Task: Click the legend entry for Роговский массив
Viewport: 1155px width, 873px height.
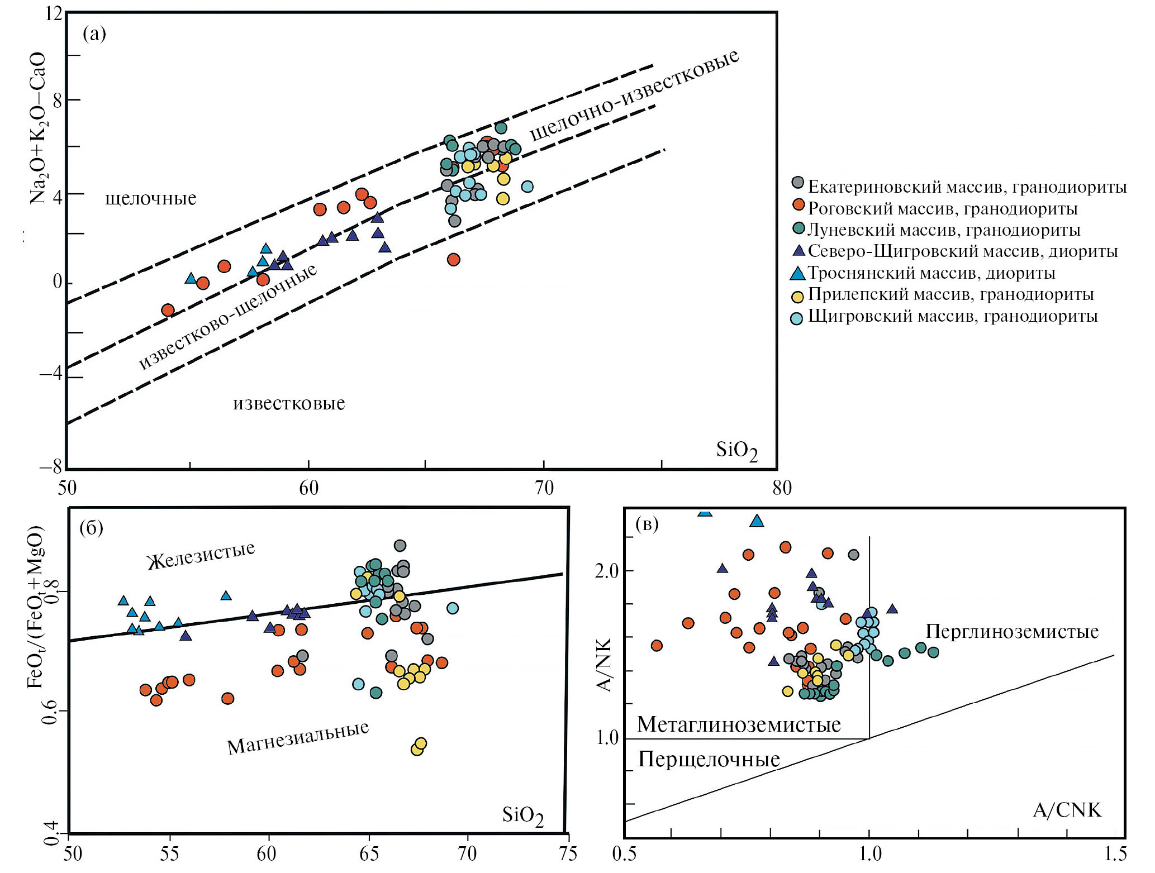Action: tap(943, 209)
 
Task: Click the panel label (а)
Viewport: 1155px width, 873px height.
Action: tap(94, 34)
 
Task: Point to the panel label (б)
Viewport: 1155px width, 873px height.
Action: tap(91, 528)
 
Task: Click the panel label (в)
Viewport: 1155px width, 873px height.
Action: tap(647, 524)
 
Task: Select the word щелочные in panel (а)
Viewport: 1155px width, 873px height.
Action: tap(151, 199)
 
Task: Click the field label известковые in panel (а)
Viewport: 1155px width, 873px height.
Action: tap(289, 403)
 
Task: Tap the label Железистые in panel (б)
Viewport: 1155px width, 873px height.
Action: tap(201, 556)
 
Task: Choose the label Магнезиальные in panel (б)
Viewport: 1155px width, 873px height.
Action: tap(298, 738)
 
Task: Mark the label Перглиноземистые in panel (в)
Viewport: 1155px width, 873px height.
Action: tap(1012, 632)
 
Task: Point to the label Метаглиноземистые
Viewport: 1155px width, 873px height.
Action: tap(739, 725)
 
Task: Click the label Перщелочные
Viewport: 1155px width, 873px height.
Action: tap(709, 760)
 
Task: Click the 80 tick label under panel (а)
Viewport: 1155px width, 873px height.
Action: tap(782, 488)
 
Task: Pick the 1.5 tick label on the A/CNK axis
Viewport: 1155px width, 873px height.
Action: tap(1114, 854)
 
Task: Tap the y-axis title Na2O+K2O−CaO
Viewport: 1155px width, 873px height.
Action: tap(37, 128)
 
